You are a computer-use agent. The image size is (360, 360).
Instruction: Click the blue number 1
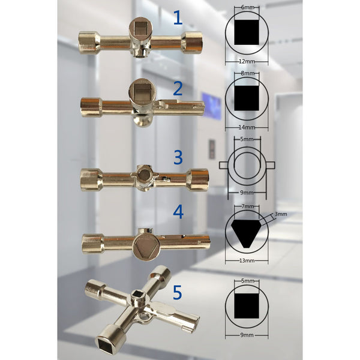point(178,17)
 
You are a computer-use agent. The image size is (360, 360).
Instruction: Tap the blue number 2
point(178,89)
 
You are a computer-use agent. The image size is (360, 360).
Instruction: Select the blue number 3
point(178,157)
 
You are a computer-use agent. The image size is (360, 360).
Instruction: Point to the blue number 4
point(178,212)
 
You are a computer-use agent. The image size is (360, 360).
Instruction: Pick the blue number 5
point(178,292)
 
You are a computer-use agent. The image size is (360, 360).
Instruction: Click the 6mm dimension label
point(247,7)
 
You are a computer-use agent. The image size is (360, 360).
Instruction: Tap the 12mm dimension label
point(247,62)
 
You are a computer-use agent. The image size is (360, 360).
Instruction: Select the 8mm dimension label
point(247,73)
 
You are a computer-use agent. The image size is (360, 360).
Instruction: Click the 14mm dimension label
point(247,127)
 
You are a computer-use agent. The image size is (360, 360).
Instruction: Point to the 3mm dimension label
point(281,214)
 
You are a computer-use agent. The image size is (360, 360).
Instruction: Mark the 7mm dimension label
point(247,206)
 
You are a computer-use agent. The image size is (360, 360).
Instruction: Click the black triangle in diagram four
point(247,232)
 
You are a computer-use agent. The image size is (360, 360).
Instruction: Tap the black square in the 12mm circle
point(247,32)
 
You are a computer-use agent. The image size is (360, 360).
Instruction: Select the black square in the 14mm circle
point(247,98)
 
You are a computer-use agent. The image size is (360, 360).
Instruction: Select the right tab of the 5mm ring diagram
point(271,164)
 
